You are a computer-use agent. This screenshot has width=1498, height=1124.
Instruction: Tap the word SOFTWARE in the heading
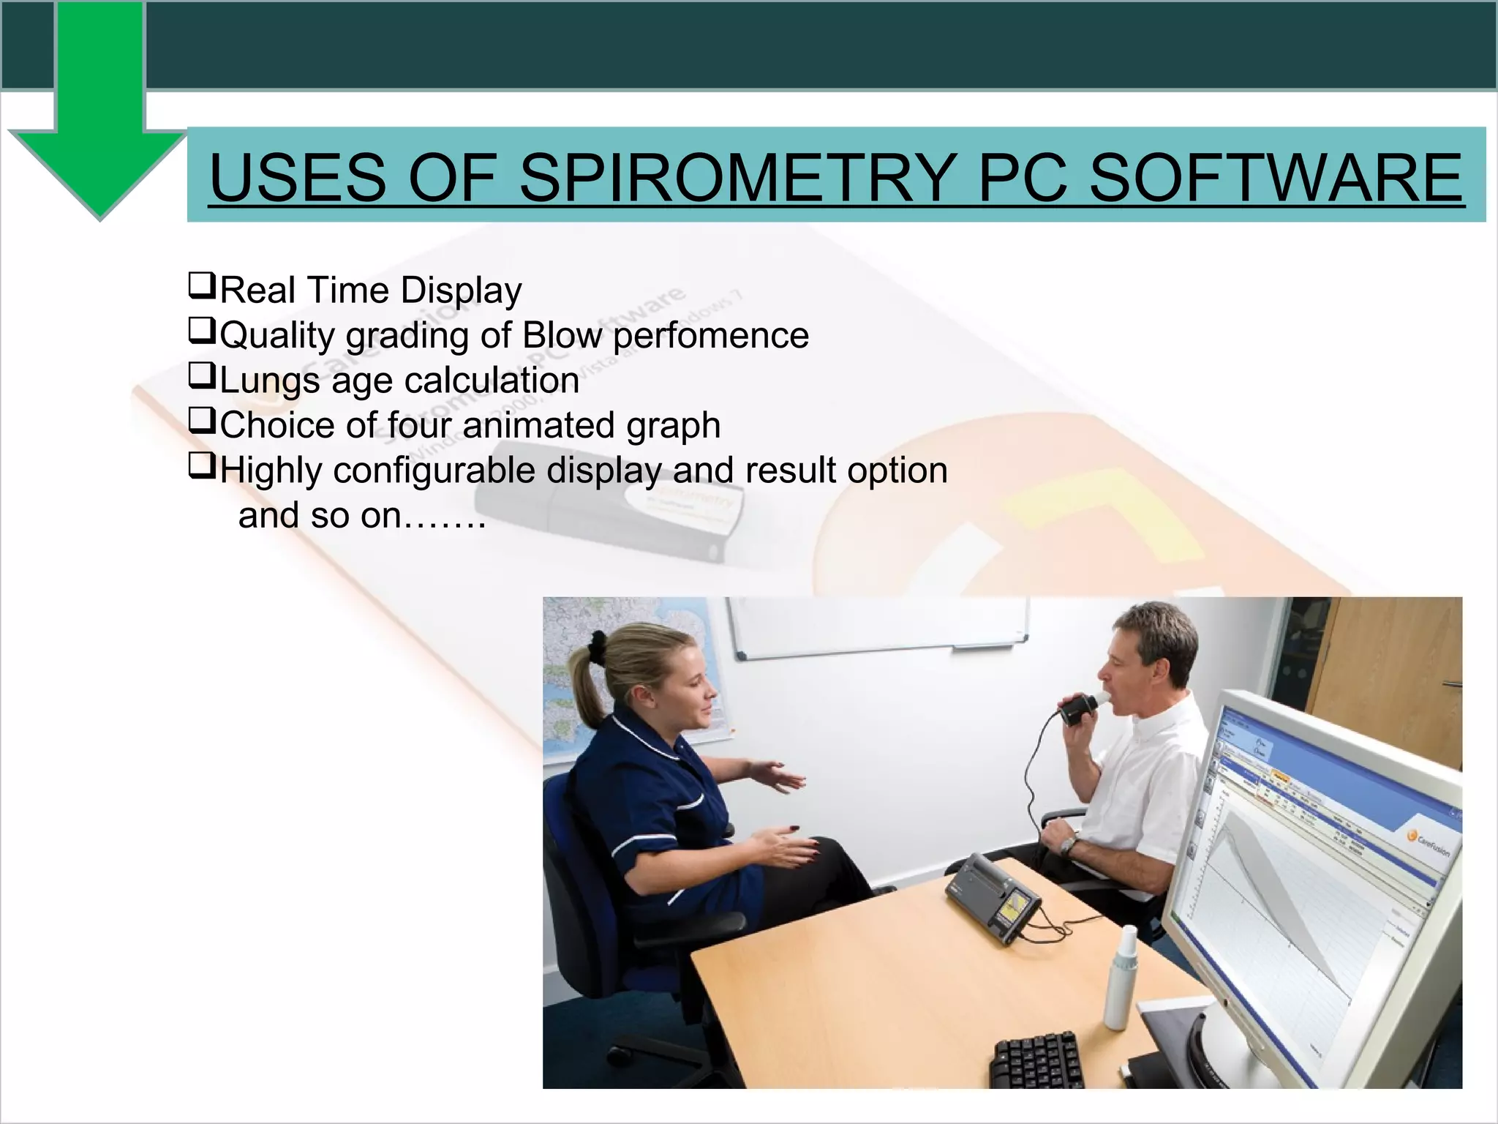tap(1276, 178)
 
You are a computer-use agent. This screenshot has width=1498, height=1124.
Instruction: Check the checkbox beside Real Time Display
tap(202, 285)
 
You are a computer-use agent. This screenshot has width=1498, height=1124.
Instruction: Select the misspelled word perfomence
tap(710, 336)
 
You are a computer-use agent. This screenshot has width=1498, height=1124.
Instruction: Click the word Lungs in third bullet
tap(269, 381)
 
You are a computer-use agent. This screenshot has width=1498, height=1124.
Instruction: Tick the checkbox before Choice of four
tap(202, 420)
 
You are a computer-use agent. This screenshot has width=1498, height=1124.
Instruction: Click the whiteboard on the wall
tap(878, 625)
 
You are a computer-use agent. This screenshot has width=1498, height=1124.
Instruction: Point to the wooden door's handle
tap(1452, 684)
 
